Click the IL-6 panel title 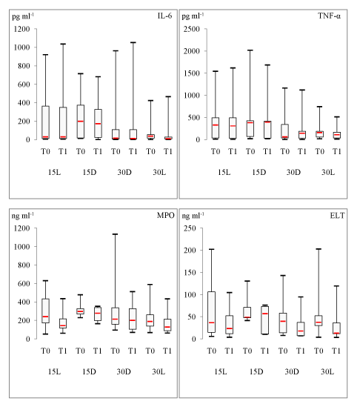coord(164,16)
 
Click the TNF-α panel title coord(329,16)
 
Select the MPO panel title coord(165,216)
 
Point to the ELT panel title coord(337,216)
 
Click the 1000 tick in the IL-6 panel coord(21,47)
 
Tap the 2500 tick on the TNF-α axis coord(192,29)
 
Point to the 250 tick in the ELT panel coord(190,228)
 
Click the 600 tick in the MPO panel coord(24,283)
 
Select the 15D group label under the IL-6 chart coord(90,172)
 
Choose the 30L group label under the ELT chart coord(327,371)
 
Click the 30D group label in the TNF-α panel coord(293,172)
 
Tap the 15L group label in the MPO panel coord(55,371)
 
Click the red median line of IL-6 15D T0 coord(81,122)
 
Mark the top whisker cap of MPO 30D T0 coord(115,234)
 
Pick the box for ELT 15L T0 coord(212,312)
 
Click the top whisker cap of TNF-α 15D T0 coord(250,50)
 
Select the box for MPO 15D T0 coord(81,311)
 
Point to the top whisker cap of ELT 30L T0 coord(319,249)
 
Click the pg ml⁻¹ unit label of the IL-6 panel coord(23,16)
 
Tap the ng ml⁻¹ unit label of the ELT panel coord(193,216)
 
